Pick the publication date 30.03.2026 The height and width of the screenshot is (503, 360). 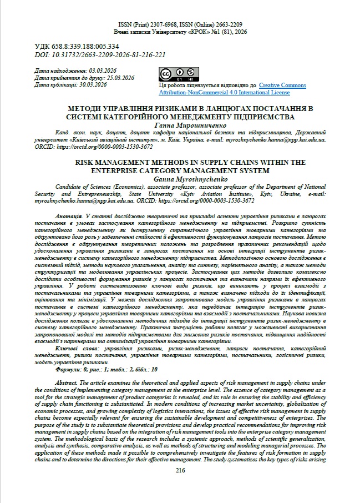93,85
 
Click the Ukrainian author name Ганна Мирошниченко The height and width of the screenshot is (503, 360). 180,125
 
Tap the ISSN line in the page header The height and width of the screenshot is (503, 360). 180,26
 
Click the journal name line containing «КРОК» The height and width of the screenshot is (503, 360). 180,32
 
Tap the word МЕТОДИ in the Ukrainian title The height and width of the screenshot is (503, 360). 84,109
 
